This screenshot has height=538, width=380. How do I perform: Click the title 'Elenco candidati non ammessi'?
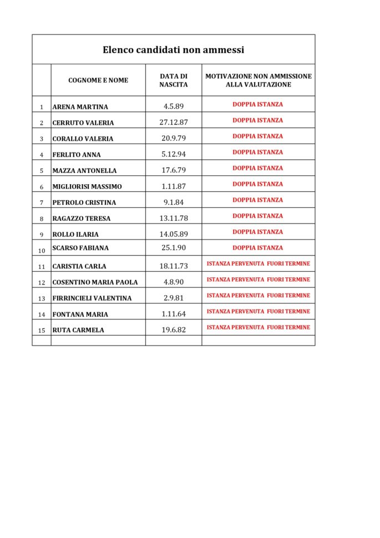(x=173, y=50)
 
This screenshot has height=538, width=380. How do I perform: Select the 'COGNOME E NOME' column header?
(x=98, y=80)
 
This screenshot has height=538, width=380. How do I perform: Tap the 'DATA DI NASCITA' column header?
(x=174, y=80)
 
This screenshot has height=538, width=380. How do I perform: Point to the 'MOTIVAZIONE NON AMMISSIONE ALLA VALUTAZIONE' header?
(x=259, y=80)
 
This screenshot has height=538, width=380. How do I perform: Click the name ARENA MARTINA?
(x=80, y=107)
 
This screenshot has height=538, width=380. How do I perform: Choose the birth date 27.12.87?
(x=174, y=123)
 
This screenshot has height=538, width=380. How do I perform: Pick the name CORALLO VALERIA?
(x=83, y=139)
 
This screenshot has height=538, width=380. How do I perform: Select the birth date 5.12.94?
(x=174, y=154)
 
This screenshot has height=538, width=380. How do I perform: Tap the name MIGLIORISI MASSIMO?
(x=87, y=187)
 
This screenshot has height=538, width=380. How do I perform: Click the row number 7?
(x=42, y=203)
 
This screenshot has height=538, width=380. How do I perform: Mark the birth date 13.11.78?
(x=174, y=218)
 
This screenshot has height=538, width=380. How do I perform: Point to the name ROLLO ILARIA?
(x=75, y=235)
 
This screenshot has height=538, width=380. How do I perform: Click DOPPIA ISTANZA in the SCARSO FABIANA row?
(x=258, y=248)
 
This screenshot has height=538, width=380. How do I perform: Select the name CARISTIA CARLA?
(x=79, y=267)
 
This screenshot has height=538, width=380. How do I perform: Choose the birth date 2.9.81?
(x=174, y=298)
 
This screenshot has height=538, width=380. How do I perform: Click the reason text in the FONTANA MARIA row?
(x=259, y=312)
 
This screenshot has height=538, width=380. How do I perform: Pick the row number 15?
(x=42, y=331)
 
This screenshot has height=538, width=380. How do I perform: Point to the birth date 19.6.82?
(x=174, y=329)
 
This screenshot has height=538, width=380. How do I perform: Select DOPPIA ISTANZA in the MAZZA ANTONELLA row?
(x=258, y=168)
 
